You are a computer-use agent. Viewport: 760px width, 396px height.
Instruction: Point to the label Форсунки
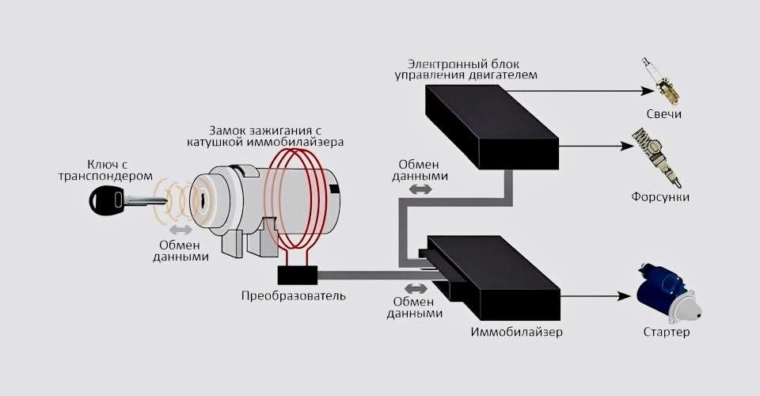coord(660,196)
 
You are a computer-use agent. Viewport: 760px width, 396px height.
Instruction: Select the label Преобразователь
coord(294,296)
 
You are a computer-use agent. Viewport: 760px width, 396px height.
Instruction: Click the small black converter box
coord(298,274)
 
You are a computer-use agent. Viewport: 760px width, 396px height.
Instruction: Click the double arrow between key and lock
coord(181,230)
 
